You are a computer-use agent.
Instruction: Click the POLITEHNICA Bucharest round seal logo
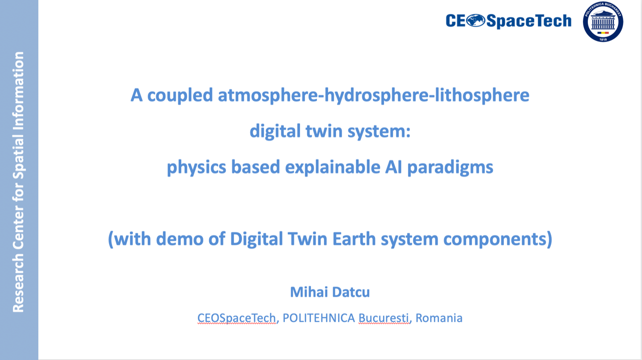pos(603,22)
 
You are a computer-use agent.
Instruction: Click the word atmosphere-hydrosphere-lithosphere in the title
pos(374,95)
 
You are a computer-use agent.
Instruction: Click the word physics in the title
pos(196,167)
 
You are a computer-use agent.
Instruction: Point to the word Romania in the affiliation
pos(439,318)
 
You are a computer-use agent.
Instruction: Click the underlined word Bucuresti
pos(385,318)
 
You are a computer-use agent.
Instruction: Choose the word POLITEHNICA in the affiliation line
pos(319,318)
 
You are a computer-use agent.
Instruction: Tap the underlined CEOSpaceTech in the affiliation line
pos(237,318)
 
